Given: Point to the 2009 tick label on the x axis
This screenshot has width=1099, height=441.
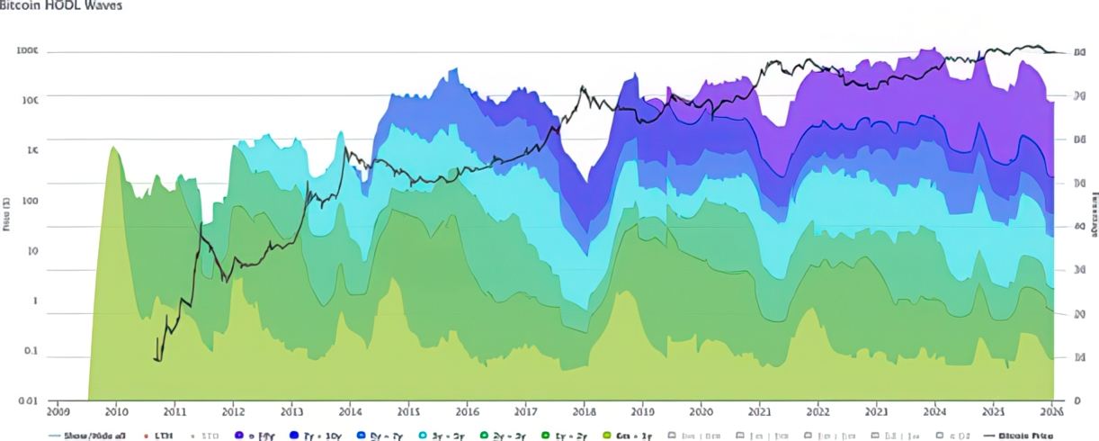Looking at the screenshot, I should coord(58,411).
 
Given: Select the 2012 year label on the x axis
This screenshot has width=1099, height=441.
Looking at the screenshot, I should coord(233,411).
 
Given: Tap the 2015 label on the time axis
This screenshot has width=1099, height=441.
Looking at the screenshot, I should coord(408,411).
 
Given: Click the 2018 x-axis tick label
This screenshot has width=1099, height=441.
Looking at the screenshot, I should coord(584,411).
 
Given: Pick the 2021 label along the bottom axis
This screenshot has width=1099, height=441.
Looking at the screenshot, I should coord(760,411).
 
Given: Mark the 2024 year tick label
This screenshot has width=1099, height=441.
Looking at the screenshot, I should coord(935,411).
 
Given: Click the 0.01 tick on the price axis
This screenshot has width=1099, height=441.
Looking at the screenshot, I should coord(28,400).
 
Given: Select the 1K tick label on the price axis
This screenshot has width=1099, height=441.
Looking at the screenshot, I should coord(32,151).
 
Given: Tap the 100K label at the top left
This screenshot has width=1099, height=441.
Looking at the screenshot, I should coord(28,51).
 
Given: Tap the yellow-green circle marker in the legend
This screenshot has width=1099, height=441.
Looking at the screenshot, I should coord(606,435).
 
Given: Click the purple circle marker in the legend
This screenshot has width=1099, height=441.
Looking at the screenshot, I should coord(239,435).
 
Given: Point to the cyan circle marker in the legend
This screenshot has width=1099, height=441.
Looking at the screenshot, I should coord(423,435).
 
